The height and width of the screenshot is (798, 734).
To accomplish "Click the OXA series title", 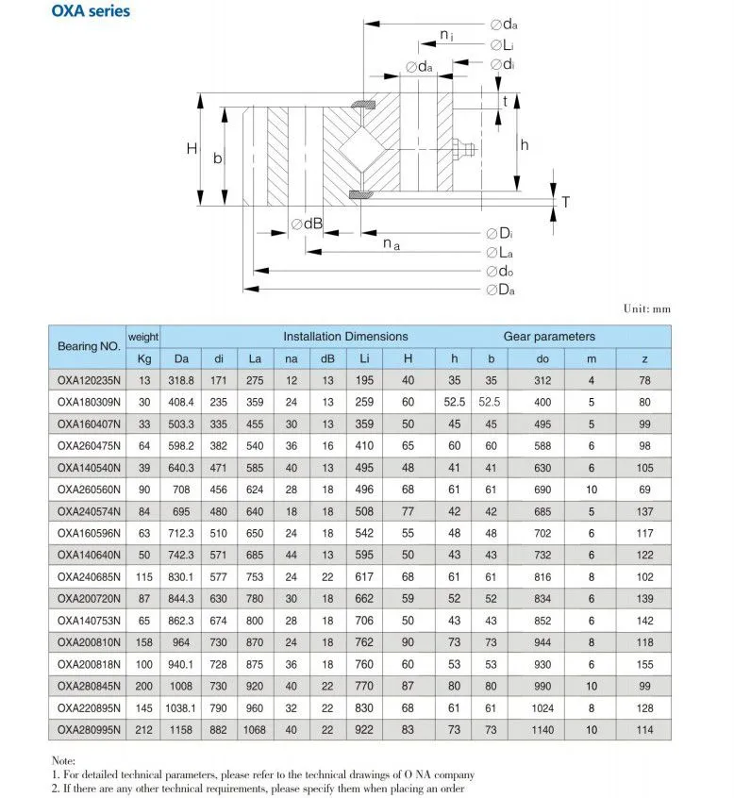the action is click(91, 10).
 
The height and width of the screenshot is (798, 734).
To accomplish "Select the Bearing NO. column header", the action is click(89, 346).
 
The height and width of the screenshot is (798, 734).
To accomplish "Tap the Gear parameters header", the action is click(549, 337).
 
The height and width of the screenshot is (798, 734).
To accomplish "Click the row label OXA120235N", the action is click(89, 380).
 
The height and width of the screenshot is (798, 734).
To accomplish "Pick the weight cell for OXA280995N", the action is click(144, 730).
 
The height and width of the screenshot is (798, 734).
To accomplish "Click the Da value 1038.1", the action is click(181, 708).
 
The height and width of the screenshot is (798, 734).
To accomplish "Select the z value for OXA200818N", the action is click(644, 664).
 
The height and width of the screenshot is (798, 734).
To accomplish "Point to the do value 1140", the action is click(542, 730).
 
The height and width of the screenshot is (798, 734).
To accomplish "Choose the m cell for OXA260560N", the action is click(591, 490).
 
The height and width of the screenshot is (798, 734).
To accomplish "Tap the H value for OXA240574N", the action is click(408, 511).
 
